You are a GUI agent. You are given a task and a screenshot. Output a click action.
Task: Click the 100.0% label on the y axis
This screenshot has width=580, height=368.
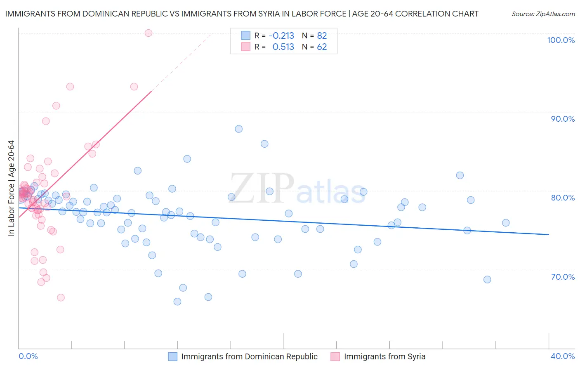(x=561, y=40)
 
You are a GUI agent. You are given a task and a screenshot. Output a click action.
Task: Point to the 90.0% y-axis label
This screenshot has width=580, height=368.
(x=563, y=119)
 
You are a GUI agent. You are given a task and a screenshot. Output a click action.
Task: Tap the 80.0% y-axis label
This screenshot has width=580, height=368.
(x=563, y=198)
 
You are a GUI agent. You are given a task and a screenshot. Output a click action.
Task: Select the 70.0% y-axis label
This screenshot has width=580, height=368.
(x=563, y=277)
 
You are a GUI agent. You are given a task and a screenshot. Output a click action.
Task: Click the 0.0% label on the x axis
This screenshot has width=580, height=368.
(x=28, y=356)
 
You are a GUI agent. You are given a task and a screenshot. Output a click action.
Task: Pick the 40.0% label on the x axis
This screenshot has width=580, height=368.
(x=563, y=356)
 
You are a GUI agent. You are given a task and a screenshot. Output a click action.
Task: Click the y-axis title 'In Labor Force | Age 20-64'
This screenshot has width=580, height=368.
(x=11, y=188)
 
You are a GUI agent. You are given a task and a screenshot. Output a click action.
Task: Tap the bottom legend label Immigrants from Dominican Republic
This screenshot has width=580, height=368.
(x=249, y=356)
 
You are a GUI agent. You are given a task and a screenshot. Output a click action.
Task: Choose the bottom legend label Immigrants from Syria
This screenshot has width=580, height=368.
(x=384, y=356)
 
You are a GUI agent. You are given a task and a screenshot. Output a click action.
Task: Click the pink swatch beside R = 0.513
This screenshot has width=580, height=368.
(x=246, y=47)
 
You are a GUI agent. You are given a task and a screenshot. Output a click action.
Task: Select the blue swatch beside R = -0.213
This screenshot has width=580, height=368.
(x=246, y=35)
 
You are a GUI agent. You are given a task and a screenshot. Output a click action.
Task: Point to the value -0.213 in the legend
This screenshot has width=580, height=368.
(x=281, y=35)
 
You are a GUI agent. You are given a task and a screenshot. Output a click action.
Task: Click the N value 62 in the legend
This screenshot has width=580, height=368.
(x=322, y=47)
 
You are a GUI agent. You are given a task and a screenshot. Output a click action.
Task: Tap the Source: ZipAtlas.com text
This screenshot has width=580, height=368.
(x=543, y=14)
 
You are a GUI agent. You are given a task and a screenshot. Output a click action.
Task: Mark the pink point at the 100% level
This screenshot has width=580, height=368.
(x=149, y=33)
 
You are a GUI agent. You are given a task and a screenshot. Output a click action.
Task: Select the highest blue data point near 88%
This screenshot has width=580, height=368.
(x=238, y=129)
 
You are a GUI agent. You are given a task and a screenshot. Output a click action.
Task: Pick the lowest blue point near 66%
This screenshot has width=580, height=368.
(x=177, y=302)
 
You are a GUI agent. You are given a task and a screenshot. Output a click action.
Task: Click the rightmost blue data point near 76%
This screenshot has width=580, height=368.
(x=506, y=223)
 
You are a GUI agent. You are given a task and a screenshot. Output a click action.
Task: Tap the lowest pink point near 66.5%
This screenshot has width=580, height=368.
(x=61, y=297)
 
